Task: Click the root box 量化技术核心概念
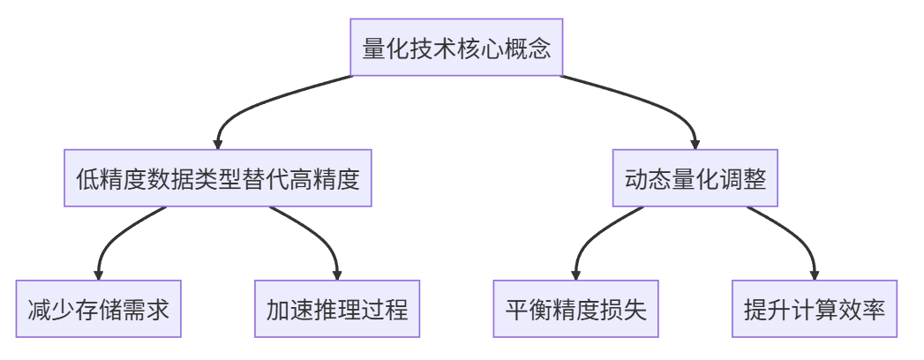pyautogui.click(x=456, y=47)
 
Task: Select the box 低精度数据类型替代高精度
pyautogui.click(x=218, y=178)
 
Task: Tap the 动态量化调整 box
pyautogui.click(x=695, y=178)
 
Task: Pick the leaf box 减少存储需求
pyautogui.click(x=99, y=309)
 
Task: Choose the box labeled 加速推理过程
pyautogui.click(x=337, y=309)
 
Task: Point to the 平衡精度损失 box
pyautogui.click(x=575, y=309)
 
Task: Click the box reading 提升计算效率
pyautogui.click(x=815, y=309)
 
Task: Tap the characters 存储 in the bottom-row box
pyautogui.click(x=99, y=310)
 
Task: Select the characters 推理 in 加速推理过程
pyautogui.click(x=337, y=310)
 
